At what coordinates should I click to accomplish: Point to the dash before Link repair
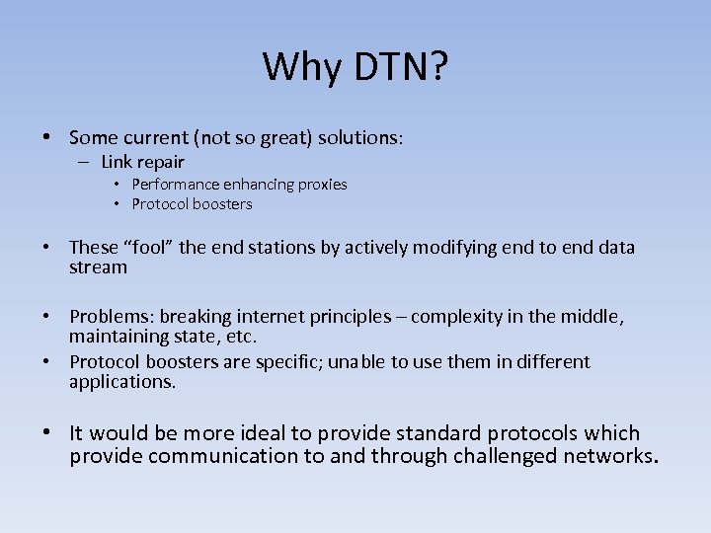(84, 162)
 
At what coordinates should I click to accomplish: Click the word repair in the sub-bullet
(161, 162)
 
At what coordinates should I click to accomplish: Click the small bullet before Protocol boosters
(117, 204)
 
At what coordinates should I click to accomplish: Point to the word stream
(98, 267)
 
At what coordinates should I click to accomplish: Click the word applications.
(121, 382)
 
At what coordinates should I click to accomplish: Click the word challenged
(506, 456)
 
